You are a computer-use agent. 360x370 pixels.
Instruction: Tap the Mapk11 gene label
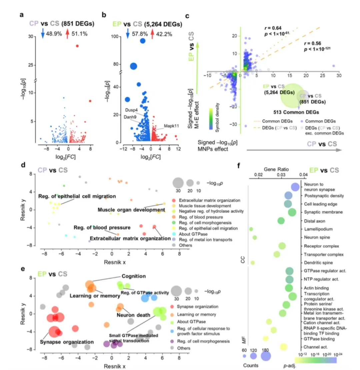click(171, 126)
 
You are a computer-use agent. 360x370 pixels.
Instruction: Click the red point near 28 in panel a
click(77, 46)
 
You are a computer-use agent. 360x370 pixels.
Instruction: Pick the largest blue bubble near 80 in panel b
click(133, 66)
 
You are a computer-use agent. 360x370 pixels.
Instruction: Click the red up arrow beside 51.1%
click(67, 33)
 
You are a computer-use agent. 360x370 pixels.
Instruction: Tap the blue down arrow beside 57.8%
click(127, 33)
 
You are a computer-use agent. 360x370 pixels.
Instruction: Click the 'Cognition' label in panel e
click(134, 276)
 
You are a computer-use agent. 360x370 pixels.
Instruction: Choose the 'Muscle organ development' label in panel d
click(131, 210)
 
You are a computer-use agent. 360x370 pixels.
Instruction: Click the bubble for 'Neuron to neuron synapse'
click(295, 187)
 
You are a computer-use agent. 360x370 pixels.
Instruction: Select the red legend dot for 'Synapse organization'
click(172, 306)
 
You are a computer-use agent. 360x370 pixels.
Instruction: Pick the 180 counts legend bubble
click(266, 356)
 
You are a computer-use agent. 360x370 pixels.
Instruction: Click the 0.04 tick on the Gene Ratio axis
click(303, 175)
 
